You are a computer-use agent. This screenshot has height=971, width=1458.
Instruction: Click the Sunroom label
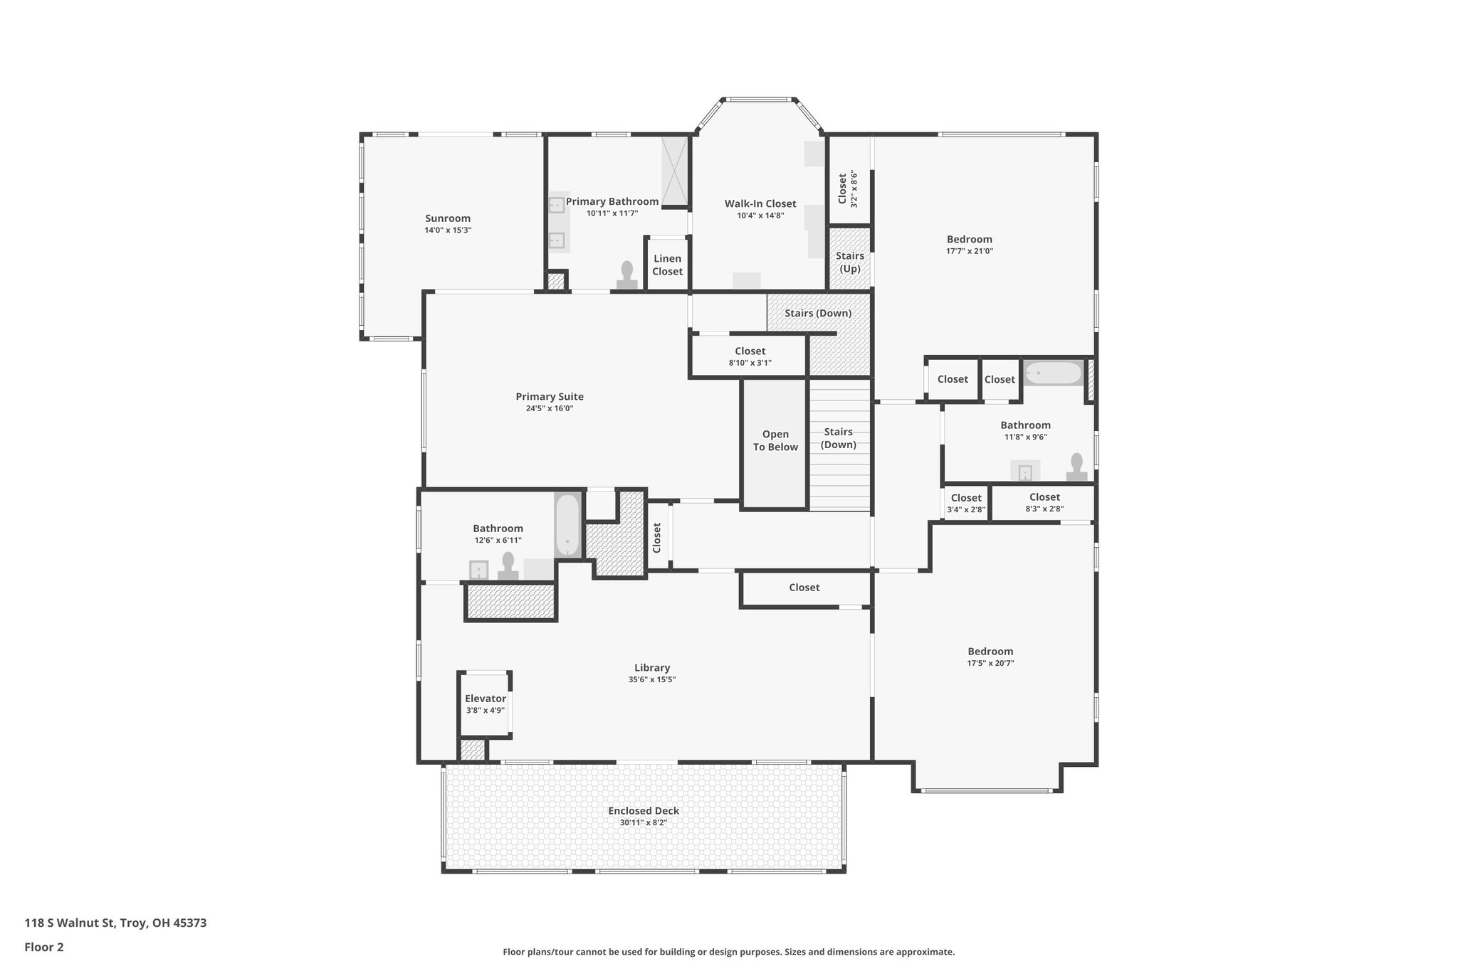click(x=448, y=218)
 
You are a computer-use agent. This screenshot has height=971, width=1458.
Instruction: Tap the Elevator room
click(x=485, y=704)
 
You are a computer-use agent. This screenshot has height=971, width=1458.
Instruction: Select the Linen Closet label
click(x=667, y=265)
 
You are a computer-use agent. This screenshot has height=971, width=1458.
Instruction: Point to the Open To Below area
click(x=775, y=441)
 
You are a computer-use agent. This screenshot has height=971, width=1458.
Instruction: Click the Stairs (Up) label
click(x=850, y=262)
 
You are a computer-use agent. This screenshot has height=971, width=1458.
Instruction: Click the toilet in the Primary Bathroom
click(x=627, y=275)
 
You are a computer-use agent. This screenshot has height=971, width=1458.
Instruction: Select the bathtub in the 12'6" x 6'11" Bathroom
click(x=567, y=525)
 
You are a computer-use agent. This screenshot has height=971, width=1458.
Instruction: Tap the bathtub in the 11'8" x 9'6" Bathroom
click(x=1053, y=373)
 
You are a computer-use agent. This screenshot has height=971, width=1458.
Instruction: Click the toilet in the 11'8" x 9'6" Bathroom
click(x=1076, y=466)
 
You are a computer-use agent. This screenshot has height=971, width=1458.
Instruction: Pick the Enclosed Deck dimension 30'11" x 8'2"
click(x=643, y=823)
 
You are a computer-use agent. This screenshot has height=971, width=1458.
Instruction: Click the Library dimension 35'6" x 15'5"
click(x=651, y=679)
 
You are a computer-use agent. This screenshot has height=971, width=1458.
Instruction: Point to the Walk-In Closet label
click(x=760, y=204)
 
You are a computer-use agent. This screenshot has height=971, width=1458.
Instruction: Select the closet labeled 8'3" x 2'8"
click(x=1044, y=502)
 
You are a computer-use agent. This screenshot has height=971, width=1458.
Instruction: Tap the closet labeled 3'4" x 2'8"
click(x=966, y=503)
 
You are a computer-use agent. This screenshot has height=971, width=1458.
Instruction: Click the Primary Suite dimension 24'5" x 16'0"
click(x=549, y=408)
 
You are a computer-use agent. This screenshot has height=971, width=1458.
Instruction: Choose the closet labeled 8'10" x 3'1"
click(x=750, y=356)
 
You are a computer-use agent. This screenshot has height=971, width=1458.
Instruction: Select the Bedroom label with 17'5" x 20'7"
click(x=990, y=651)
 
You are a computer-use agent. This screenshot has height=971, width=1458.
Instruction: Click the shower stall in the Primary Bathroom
click(x=675, y=170)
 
